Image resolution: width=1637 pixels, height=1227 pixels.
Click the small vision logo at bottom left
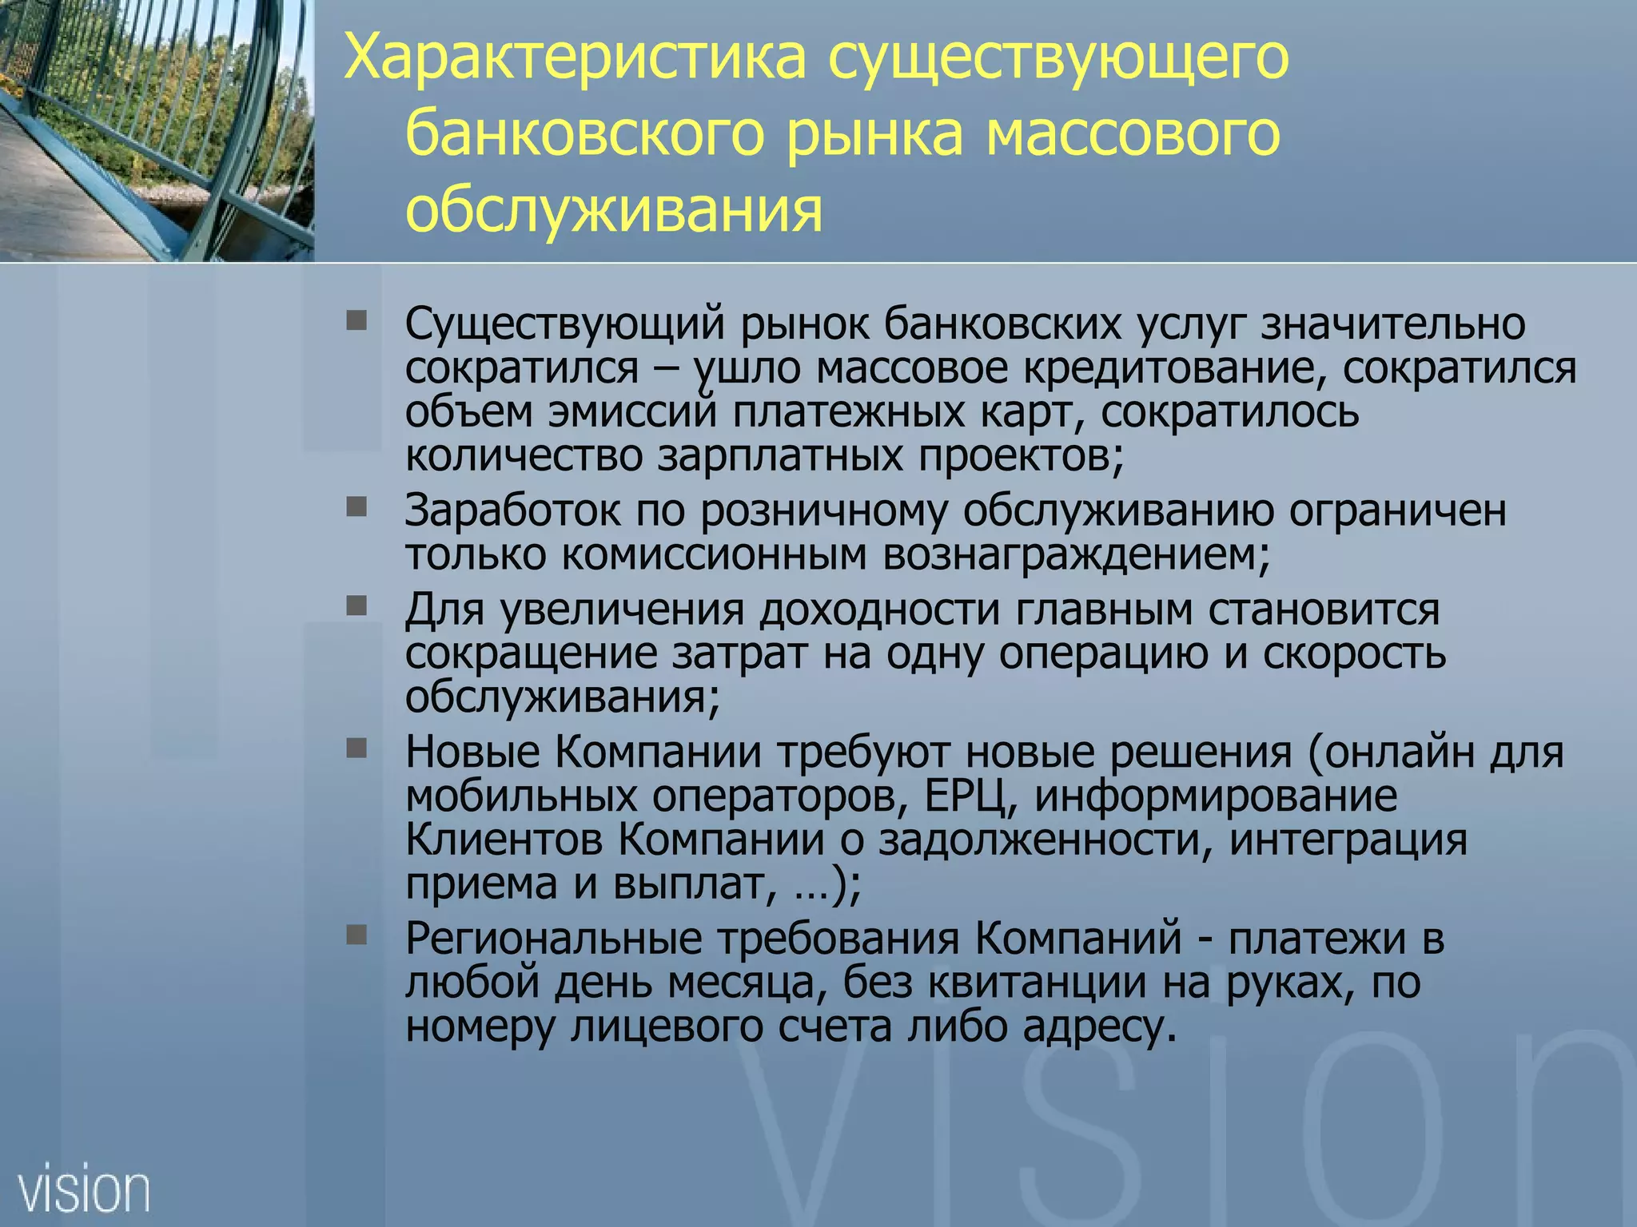pos(84,1190)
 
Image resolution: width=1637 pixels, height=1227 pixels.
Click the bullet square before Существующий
pos(356,321)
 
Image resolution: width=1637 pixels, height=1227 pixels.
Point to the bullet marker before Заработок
pos(356,507)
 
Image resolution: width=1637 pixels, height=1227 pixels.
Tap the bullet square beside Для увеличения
pos(356,606)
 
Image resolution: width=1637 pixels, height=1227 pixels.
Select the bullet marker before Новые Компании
pos(356,749)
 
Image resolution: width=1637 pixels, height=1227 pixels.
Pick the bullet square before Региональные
pos(356,935)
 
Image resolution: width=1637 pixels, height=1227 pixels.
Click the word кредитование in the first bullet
pos(1174,368)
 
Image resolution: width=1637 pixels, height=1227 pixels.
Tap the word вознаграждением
pos(1076,555)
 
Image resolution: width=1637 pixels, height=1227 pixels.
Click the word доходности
pos(879,610)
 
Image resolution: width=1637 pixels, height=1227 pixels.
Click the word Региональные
pos(553,939)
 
